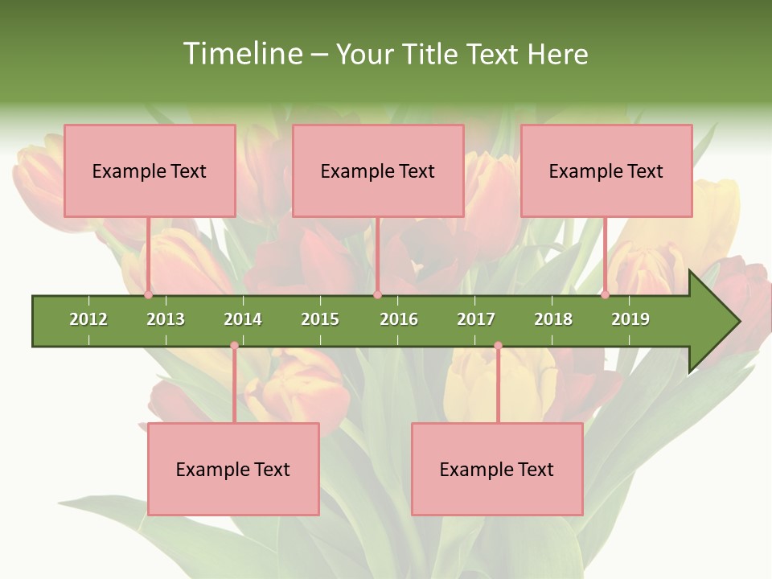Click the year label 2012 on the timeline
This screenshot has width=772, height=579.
[88, 319]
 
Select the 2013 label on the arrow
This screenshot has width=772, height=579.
[166, 319]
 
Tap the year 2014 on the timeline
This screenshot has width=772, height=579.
[243, 319]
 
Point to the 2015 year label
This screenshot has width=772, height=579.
[320, 319]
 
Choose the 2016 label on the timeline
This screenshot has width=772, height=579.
[399, 319]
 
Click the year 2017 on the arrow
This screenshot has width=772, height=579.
[476, 319]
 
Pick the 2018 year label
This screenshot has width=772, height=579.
[553, 319]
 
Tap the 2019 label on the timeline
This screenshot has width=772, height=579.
[630, 319]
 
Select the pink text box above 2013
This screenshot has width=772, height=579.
[150, 170]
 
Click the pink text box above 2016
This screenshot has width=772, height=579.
[378, 170]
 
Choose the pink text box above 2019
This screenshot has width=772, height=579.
[606, 170]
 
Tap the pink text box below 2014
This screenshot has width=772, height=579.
[233, 469]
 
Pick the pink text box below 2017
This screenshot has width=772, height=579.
[497, 469]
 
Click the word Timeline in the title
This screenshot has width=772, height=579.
[240, 54]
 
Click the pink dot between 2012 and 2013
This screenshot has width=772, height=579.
[148, 295]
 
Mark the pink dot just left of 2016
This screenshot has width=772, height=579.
[377, 295]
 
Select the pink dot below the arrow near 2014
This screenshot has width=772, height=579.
[234, 346]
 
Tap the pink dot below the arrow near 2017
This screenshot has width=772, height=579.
[498, 346]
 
